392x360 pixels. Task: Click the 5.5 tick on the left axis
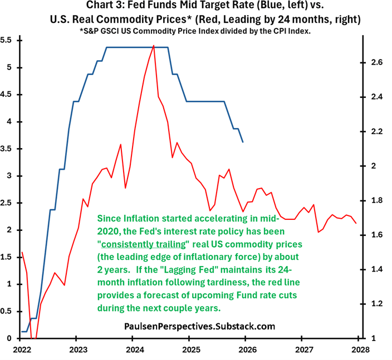coord(7,40)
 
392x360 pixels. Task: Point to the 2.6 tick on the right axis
coord(377,62)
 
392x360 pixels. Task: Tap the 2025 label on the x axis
coord(191,349)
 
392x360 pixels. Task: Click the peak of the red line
coord(153,46)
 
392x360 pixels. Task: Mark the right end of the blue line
coord(243,142)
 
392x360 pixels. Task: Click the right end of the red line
coord(356,223)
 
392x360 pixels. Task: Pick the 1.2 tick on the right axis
coord(377,304)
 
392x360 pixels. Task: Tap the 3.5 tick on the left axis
coord(7,149)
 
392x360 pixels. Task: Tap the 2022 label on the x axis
coord(22,349)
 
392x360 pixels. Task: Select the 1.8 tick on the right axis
coord(377,200)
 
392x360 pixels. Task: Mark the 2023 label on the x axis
coord(78,349)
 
